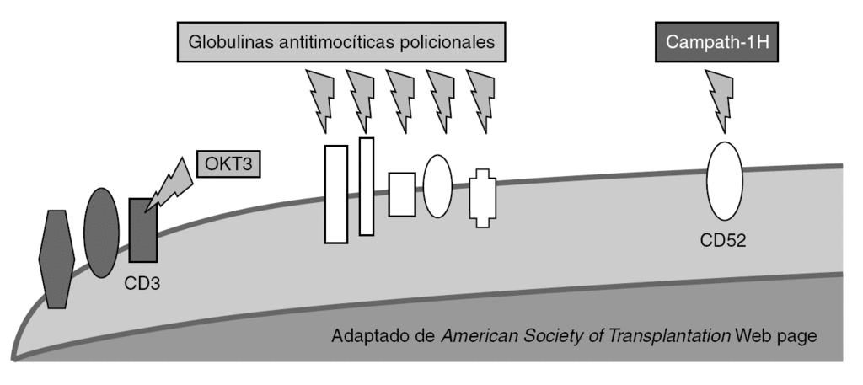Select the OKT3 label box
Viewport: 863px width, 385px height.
coord(228,163)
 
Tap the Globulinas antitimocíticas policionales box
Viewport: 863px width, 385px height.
coord(341,41)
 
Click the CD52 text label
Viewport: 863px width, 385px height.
coord(723,242)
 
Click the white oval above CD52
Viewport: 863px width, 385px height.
coord(724,180)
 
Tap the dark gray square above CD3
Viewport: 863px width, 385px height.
coord(142,230)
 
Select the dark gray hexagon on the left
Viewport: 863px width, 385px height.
coord(58,259)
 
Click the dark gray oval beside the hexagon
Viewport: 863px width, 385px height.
coord(102,233)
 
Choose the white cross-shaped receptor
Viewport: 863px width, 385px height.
coord(483,198)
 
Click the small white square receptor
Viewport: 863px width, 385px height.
coord(402,194)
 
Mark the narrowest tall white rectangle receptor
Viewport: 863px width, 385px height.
coord(366,186)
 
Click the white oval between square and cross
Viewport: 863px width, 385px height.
coord(438,186)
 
